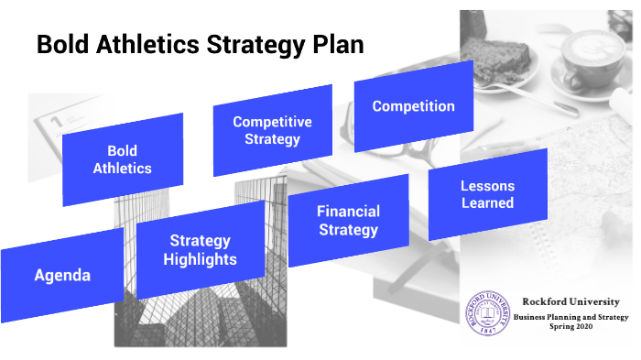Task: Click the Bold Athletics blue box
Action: [x=123, y=158]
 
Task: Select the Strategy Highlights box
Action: [x=200, y=250]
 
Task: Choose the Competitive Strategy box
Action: [x=272, y=130]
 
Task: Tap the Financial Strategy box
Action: [x=348, y=221]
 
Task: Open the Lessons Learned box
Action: [x=487, y=194]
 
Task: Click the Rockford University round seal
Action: [x=487, y=314]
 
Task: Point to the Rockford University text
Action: [x=570, y=301]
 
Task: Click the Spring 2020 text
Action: [x=570, y=326]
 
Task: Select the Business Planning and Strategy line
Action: [x=570, y=316]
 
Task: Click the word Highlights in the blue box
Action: [x=200, y=259]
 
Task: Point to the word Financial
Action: [x=348, y=212]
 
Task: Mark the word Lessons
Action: [x=487, y=185]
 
